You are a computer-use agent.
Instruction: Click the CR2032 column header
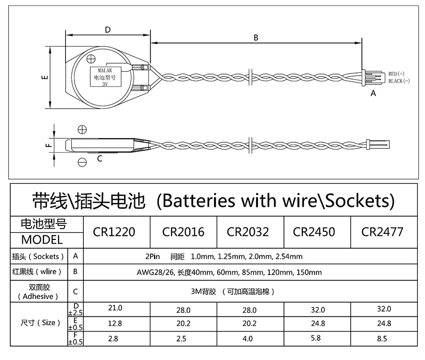tap(248, 232)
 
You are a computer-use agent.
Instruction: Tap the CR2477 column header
tap(382, 232)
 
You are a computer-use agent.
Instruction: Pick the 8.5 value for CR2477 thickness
tap(382, 339)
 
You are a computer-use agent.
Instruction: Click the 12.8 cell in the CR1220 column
tap(115, 323)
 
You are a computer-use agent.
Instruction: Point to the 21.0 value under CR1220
tap(115, 308)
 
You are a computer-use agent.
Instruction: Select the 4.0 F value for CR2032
tap(248, 339)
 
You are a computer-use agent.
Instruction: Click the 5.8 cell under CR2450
tap(316, 338)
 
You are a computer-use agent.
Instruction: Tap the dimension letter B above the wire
tap(256, 38)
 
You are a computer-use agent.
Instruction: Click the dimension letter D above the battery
tap(108, 29)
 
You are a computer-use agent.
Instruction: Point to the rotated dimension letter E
tap(45, 78)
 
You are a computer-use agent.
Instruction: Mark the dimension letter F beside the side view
tap(49, 145)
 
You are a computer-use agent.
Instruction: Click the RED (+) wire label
tap(396, 74)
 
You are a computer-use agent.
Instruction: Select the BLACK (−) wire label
tap(399, 81)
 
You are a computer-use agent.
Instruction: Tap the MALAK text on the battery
tap(105, 71)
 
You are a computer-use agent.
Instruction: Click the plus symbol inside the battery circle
tap(91, 59)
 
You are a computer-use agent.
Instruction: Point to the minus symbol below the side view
tap(82, 162)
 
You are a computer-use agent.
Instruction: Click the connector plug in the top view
tap(373, 77)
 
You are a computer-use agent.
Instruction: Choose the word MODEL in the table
tap(42, 240)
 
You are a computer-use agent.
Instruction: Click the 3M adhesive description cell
tap(233, 292)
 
